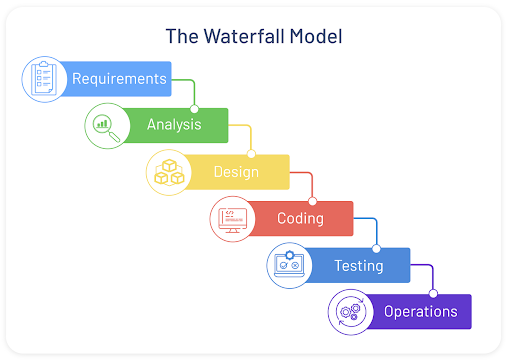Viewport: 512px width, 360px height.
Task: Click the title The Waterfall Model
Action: (255, 36)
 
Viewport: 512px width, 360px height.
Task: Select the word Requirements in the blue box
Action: (119, 78)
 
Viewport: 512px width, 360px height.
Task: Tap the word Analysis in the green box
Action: (174, 125)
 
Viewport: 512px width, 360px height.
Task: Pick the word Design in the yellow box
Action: (236, 171)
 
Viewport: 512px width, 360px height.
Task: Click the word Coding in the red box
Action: (300, 218)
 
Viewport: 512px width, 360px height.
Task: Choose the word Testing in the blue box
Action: (359, 265)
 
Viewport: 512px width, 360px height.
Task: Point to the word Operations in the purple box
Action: (420, 311)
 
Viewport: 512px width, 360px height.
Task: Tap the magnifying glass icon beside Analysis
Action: (105, 126)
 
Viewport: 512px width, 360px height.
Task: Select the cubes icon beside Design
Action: (167, 172)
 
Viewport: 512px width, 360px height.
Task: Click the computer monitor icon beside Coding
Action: (231, 219)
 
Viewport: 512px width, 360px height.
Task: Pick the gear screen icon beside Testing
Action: (289, 265)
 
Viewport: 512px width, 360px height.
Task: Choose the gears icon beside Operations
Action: (350, 312)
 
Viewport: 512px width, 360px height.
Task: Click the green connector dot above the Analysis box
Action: (194, 108)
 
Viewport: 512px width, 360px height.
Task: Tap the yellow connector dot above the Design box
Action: (251, 154)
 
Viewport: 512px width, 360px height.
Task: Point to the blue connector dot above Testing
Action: (376, 247)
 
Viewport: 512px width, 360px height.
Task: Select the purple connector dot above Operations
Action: (433, 293)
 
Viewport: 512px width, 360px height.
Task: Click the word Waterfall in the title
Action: (247, 36)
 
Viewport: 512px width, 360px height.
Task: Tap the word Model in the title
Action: (318, 36)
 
